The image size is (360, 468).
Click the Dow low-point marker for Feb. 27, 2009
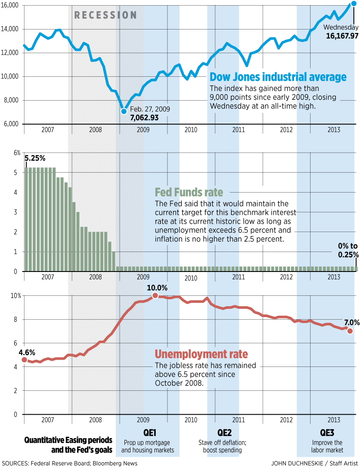124,111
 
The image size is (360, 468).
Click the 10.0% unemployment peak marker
155,296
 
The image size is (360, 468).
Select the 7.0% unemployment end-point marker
350,331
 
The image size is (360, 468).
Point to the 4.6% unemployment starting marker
24,360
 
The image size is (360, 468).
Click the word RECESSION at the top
105,15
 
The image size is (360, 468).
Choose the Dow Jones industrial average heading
278,77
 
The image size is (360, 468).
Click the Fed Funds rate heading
189,192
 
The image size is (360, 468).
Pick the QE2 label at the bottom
224,433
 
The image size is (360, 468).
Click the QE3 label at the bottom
327,433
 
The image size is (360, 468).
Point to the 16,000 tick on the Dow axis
9,5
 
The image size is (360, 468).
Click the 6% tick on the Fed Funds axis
17,153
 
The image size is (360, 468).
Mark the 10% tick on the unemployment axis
16,296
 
